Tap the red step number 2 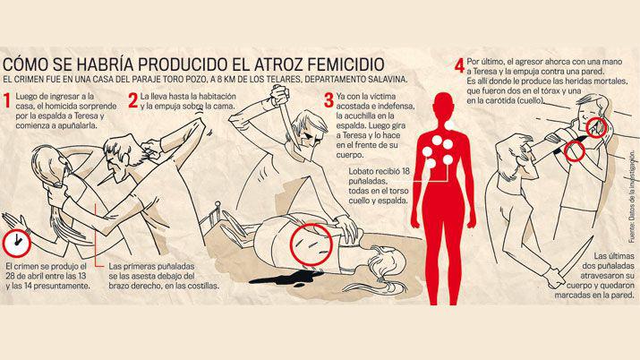pyautogui.click(x=132, y=98)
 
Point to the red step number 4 pyautogui.click(x=458, y=65)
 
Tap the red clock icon pyautogui.click(x=14, y=242)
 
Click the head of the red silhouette pyautogui.click(x=445, y=104)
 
